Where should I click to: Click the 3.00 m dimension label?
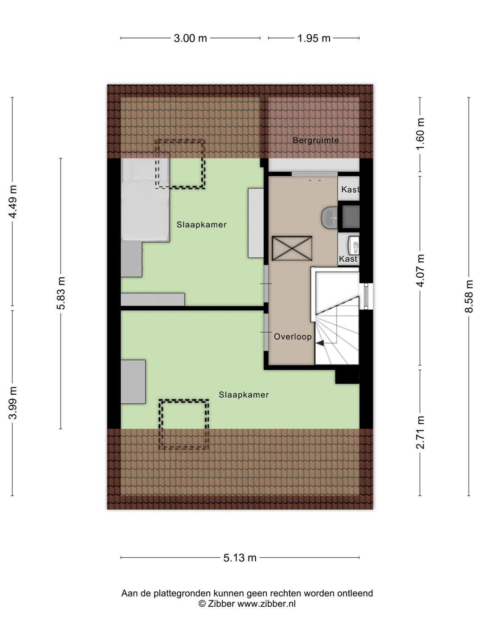[x=191, y=38]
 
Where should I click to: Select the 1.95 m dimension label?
[x=314, y=38]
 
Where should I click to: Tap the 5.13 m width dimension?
[x=240, y=558]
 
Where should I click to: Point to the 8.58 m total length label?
[x=469, y=296]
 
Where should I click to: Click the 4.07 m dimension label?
[x=420, y=270]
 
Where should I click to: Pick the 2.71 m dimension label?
[x=420, y=432]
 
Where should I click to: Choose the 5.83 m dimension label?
[x=61, y=293]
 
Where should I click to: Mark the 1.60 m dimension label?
[x=420, y=134]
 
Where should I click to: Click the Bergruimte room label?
[x=316, y=140]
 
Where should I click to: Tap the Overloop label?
[x=293, y=337]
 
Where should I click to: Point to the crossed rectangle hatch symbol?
[x=292, y=248]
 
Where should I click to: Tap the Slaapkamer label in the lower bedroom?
[x=244, y=395]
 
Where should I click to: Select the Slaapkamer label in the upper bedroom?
[x=201, y=224]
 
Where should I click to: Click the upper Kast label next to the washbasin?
[x=350, y=190]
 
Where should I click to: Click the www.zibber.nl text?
[x=266, y=604]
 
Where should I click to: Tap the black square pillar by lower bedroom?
[x=347, y=377]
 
